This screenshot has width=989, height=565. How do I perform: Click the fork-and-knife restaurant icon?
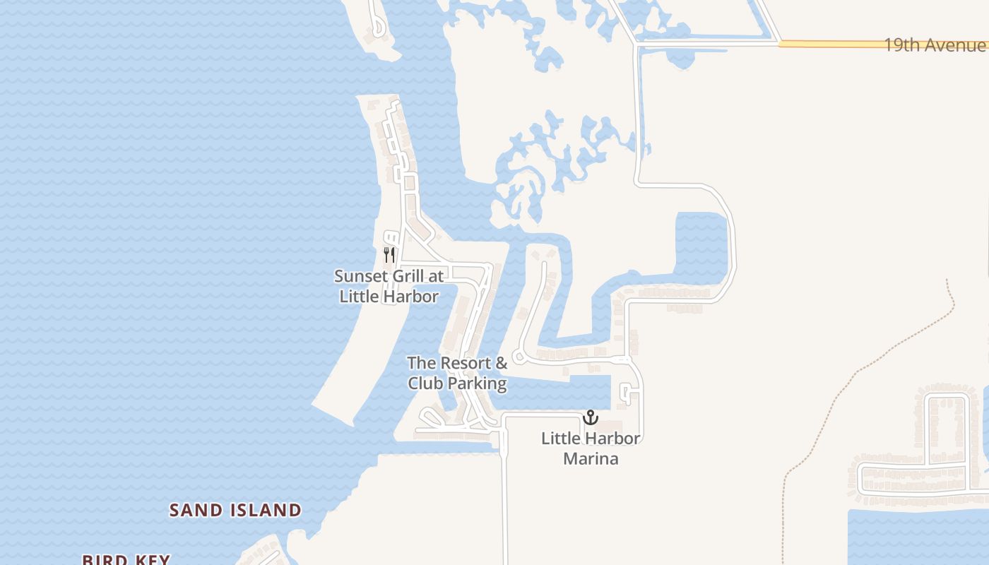389,254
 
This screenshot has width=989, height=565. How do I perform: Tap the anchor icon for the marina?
590,417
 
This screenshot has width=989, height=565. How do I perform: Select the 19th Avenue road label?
934,45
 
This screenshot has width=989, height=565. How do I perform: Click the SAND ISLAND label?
235,510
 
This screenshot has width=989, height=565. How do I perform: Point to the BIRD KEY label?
126,560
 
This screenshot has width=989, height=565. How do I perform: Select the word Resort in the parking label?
466,363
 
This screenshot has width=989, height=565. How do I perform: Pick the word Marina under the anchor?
591,458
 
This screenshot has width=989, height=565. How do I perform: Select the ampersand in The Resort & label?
500,363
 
